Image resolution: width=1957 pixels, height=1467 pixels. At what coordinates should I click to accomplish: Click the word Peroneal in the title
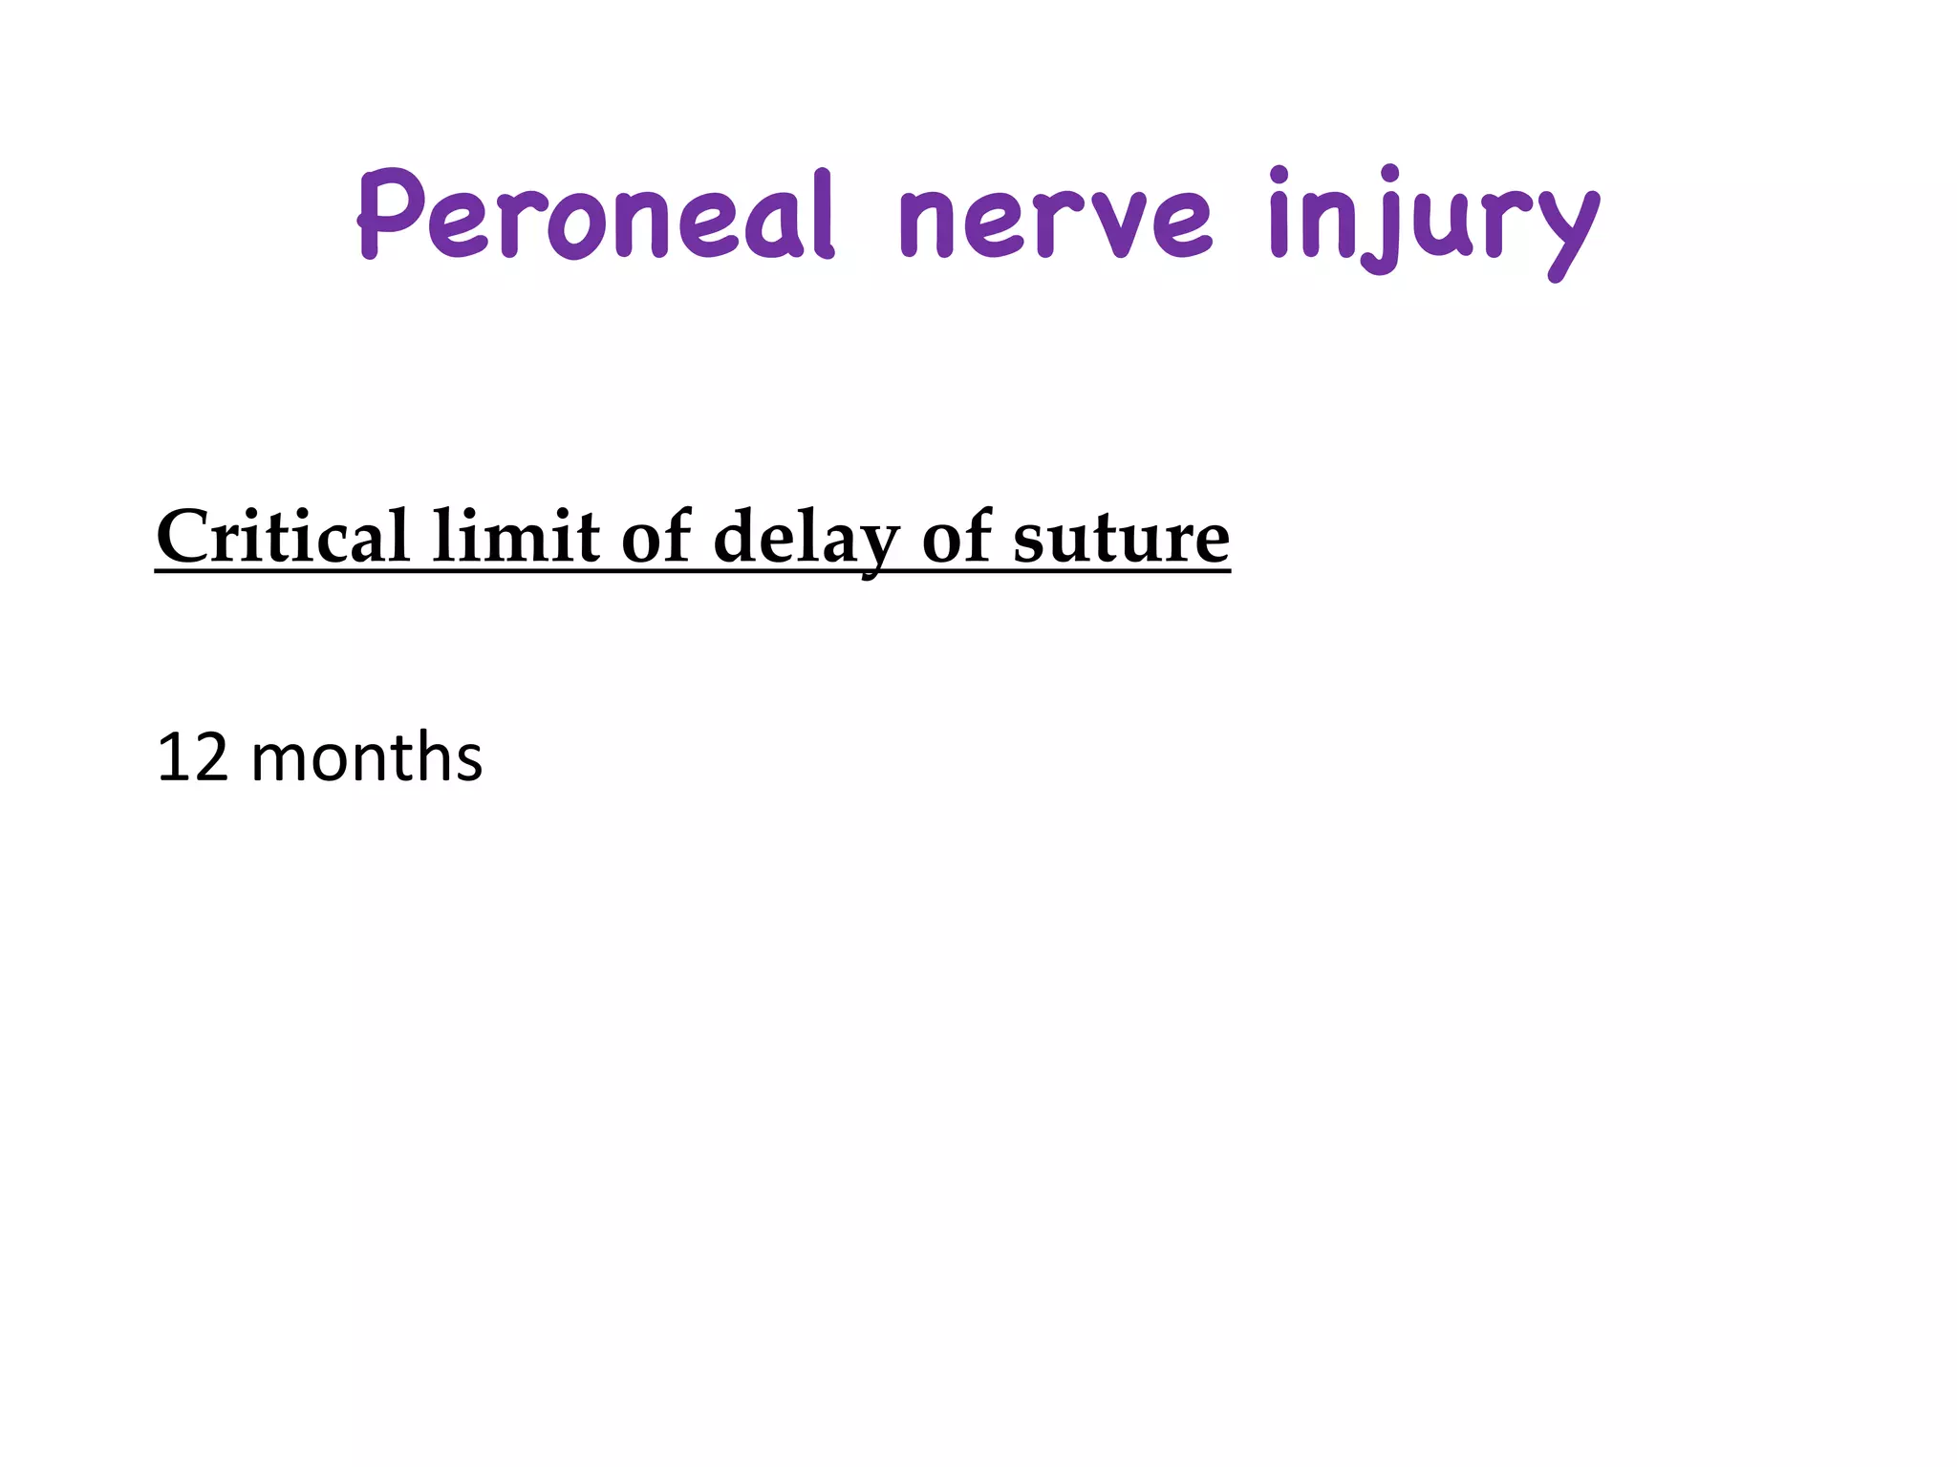(595, 215)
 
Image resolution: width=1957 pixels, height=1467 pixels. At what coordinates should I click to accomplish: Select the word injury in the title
(1433, 222)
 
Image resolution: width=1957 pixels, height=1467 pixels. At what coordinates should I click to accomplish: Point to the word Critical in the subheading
(283, 537)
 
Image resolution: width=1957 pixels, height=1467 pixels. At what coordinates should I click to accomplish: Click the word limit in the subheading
(516, 537)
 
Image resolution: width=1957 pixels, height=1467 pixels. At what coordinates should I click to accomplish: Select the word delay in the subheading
(806, 540)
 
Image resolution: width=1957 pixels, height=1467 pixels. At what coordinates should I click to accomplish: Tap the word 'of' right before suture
(957, 537)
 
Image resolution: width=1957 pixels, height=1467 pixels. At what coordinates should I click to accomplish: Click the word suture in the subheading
(1121, 540)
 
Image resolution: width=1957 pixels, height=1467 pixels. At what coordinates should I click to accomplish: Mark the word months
(366, 758)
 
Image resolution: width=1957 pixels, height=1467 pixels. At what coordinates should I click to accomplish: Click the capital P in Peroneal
(390, 215)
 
